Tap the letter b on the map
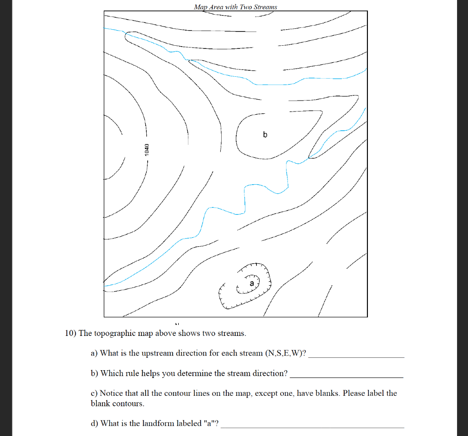pyautogui.click(x=264, y=135)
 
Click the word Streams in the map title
pyautogui.click(x=264, y=7)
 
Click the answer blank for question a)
pyautogui.click(x=356, y=355)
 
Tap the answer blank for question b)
pyautogui.click(x=347, y=376)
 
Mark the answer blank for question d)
pyautogui.click(x=313, y=426)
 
